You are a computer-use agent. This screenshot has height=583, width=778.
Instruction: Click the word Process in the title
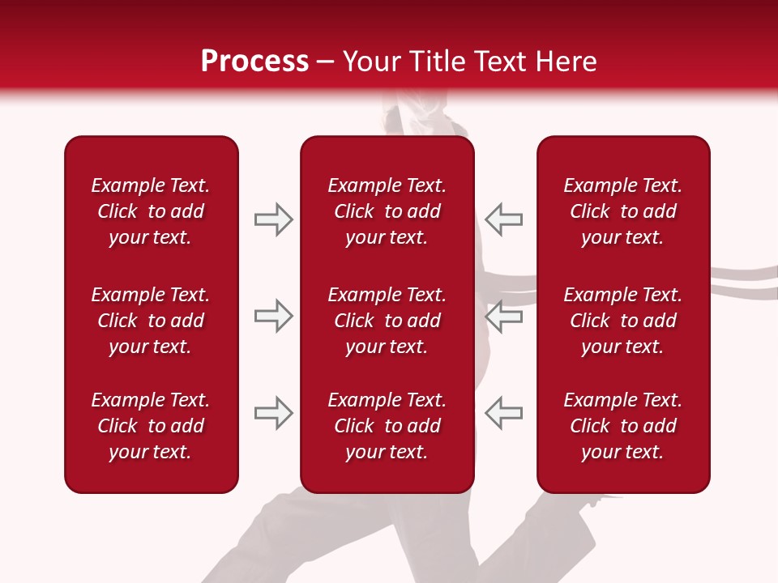click(x=254, y=62)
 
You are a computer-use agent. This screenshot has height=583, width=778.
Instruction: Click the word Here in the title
click(x=566, y=62)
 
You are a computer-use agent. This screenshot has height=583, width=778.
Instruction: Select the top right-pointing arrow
click(x=273, y=219)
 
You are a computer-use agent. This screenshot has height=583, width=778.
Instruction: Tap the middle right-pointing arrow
click(x=273, y=316)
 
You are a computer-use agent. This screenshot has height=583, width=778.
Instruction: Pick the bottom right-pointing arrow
click(x=273, y=413)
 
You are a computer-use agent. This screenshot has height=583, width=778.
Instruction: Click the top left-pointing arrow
click(x=503, y=219)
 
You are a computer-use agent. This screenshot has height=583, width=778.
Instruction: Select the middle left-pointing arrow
click(x=503, y=316)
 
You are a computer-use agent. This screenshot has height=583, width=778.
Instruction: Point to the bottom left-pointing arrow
click(x=503, y=413)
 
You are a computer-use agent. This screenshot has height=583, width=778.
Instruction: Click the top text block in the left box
click(x=151, y=211)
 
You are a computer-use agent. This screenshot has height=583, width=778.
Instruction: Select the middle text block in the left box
click(x=151, y=321)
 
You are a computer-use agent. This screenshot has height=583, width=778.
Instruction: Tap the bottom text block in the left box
click(x=151, y=426)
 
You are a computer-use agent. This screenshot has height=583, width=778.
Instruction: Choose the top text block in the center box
click(x=387, y=211)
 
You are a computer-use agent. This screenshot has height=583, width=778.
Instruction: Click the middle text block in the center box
click(x=387, y=321)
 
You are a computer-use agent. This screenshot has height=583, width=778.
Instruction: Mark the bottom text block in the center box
click(x=387, y=426)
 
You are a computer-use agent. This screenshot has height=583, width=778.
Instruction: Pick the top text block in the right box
click(x=622, y=211)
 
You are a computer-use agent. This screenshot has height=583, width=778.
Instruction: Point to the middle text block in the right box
click(x=622, y=321)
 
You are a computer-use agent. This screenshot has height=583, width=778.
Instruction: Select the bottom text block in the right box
click(x=622, y=426)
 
